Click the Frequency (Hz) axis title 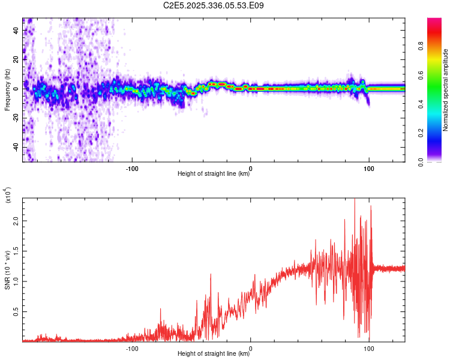(x=8, y=90)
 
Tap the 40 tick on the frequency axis (x=16, y=30)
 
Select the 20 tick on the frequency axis (x=16, y=59)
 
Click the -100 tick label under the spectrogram (x=132, y=167)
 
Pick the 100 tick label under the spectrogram (x=369, y=167)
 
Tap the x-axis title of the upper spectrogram (x=214, y=174)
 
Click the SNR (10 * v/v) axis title (x=8, y=270)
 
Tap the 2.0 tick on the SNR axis (x=16, y=220)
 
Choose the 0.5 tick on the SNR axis (x=16, y=312)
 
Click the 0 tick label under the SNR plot (x=250, y=347)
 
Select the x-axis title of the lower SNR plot (x=214, y=354)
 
